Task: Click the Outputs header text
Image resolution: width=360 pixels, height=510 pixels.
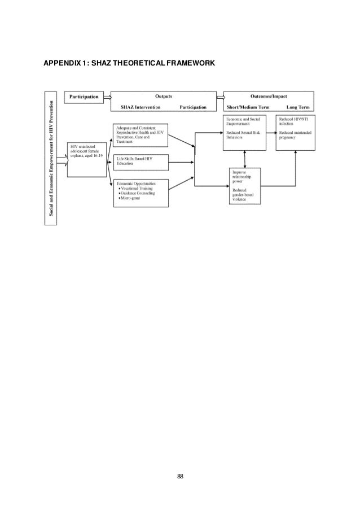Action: coord(163,97)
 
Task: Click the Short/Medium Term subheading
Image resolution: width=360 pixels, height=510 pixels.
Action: coord(250,106)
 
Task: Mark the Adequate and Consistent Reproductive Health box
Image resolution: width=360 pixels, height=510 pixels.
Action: coord(141,133)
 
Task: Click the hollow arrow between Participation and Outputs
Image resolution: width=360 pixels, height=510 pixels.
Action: coord(108,97)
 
